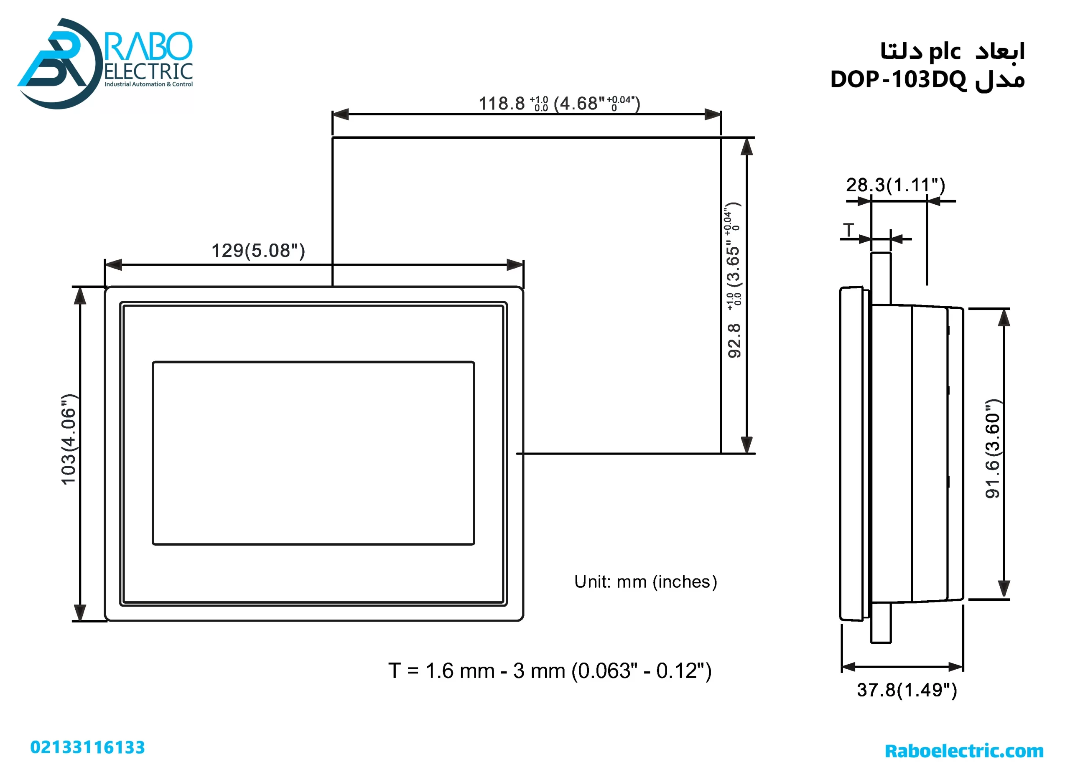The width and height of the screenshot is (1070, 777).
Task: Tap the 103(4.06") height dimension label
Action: (69, 439)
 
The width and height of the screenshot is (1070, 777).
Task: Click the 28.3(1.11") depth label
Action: (895, 185)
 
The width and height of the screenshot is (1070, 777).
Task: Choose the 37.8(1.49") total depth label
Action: (907, 690)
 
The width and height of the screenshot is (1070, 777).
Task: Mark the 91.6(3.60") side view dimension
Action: (992, 449)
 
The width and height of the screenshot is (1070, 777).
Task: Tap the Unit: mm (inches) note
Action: (645, 582)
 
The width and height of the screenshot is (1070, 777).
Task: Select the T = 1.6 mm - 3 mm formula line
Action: (550, 671)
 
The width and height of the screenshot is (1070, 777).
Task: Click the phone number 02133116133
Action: (88, 748)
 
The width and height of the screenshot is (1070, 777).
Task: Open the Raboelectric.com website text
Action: (964, 751)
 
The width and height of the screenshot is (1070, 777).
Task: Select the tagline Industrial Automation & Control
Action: (149, 84)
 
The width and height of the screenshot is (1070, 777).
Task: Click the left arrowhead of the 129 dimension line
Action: (113, 265)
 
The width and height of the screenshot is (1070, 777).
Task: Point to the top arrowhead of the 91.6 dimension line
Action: (1004, 318)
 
